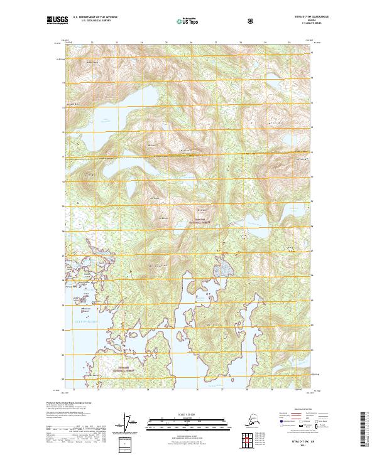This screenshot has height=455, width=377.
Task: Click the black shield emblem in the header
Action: [x=251, y=21]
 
